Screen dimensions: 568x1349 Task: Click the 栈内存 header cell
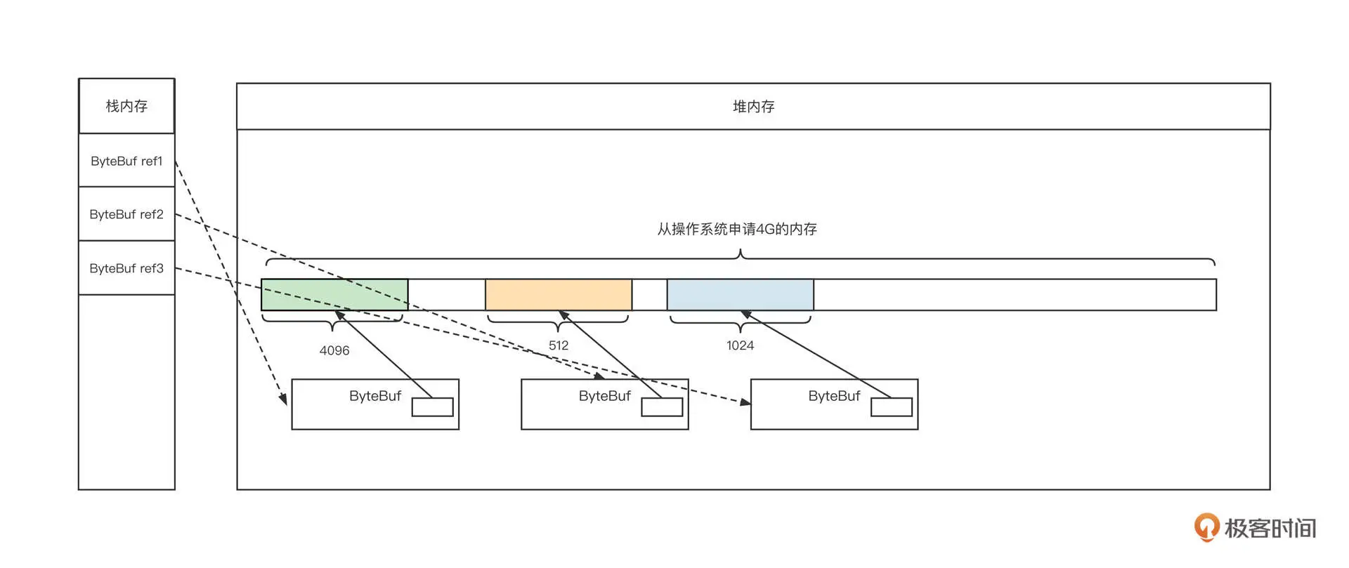126,106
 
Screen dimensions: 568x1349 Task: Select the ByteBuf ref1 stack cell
126,161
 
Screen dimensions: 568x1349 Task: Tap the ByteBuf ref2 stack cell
126,214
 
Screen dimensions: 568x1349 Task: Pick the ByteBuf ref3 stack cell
126,268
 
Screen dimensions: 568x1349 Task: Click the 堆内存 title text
753,107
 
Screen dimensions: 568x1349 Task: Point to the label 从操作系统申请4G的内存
737,229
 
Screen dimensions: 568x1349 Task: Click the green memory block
334,294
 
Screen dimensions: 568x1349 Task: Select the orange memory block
559,294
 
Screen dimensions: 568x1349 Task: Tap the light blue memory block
740,294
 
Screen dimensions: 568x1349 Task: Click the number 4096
334,350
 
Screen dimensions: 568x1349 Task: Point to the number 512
559,345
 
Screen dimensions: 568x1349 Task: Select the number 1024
740,345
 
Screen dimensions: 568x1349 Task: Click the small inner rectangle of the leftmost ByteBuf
432,407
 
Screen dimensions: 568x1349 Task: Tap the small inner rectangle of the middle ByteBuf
662,407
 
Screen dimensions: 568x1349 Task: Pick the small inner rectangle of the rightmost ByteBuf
892,407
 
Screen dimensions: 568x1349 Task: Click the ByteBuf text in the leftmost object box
375,396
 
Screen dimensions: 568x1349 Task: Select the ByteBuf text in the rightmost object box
834,396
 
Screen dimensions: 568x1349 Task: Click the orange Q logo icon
1206,527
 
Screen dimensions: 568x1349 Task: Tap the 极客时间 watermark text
1270,528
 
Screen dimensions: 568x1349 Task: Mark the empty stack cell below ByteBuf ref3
126,392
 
